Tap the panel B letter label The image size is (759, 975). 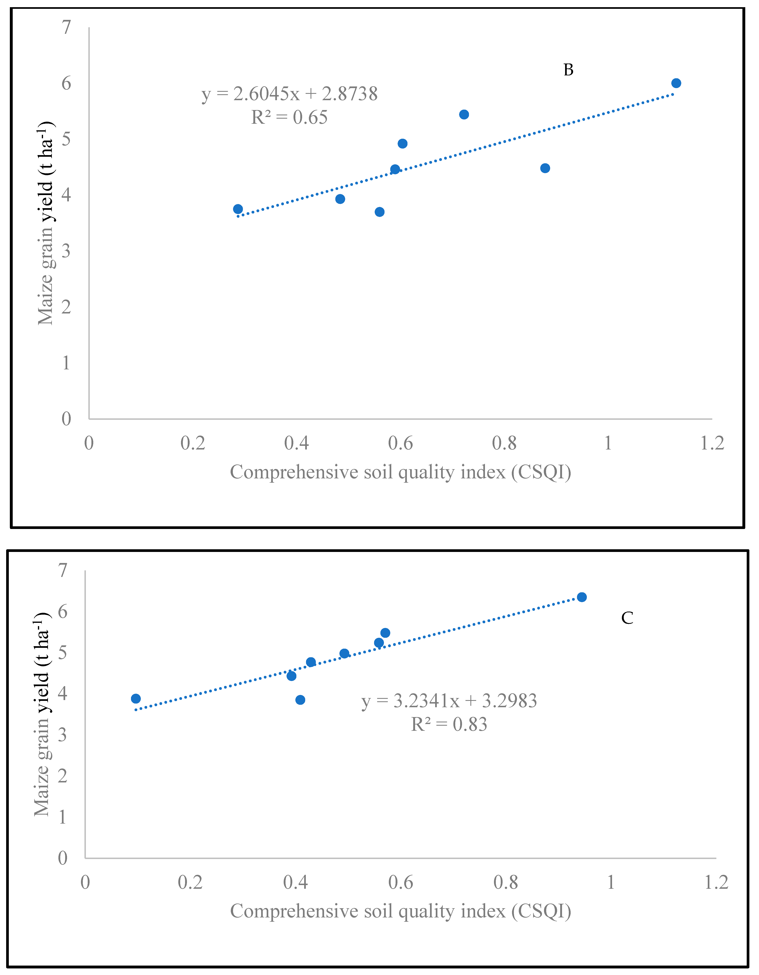coord(568,70)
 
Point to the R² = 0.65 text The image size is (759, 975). coord(289,117)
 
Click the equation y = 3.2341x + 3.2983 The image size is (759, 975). coord(449,701)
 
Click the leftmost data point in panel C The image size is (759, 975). coord(136,699)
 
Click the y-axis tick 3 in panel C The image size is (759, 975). coord(63,735)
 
